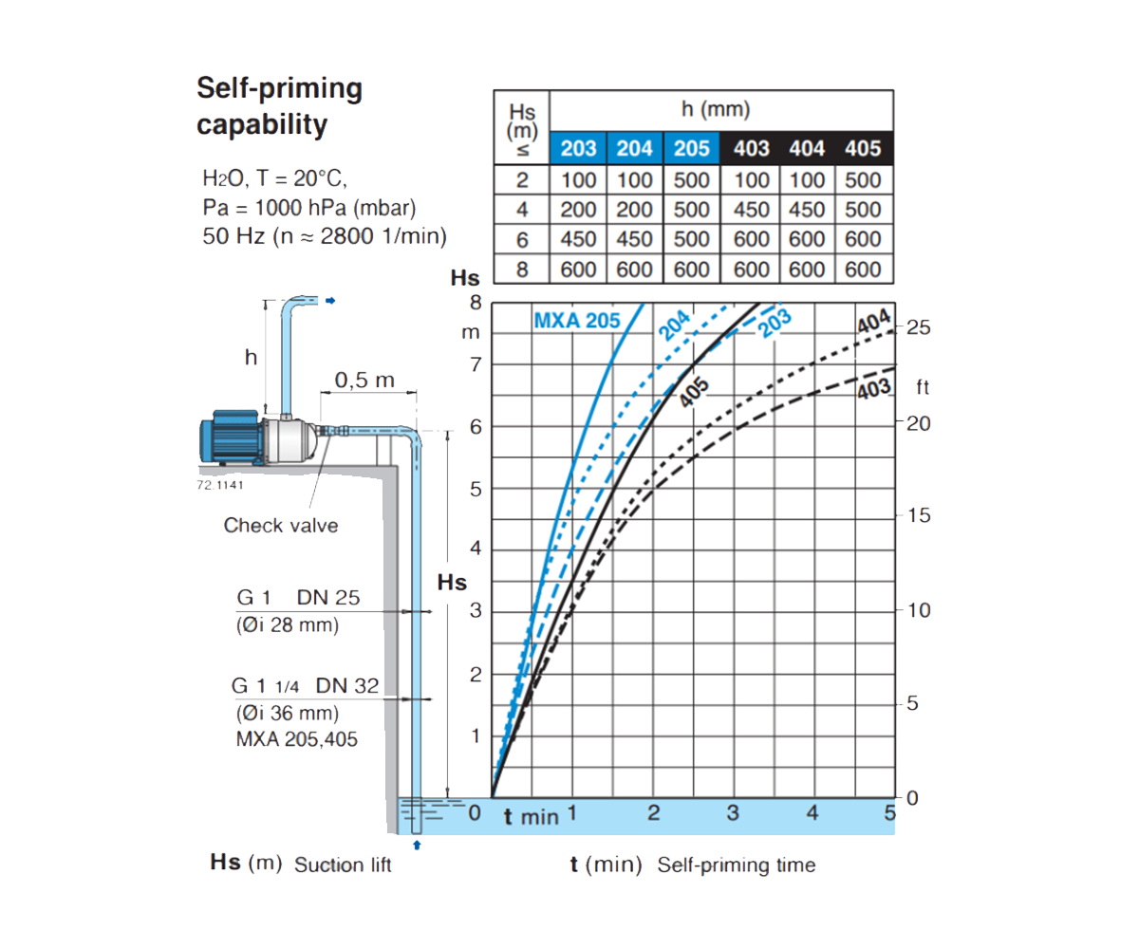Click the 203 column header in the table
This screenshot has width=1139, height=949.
(578, 148)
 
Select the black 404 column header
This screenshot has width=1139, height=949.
(807, 148)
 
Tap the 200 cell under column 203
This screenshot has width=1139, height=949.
(578, 210)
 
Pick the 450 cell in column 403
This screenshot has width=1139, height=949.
(751, 210)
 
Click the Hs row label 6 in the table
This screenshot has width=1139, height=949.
(522, 240)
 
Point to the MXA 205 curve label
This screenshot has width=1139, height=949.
(577, 321)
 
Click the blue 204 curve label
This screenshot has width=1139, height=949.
(674, 325)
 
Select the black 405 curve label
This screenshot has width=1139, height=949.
(695, 392)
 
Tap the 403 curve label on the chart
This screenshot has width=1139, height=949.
(874, 389)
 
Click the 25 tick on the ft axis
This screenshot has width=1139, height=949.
(918, 327)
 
